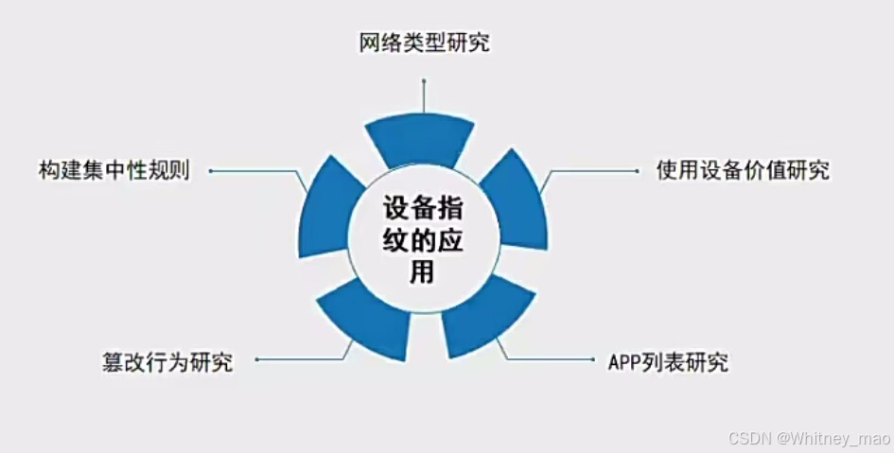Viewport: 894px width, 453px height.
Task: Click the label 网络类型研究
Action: [424, 43]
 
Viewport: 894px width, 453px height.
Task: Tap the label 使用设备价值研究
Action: [743, 171]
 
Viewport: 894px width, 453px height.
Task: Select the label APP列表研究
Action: [668, 362]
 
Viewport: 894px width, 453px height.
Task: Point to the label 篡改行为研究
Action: [167, 361]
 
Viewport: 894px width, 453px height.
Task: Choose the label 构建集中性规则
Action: [114, 171]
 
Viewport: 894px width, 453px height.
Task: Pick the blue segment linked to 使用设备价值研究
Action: [518, 200]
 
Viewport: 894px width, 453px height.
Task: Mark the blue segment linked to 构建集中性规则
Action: [324, 207]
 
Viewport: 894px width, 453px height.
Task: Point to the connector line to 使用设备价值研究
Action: [591, 171]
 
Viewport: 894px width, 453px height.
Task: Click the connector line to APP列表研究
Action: [549, 360]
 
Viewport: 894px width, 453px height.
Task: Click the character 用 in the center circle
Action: [422, 271]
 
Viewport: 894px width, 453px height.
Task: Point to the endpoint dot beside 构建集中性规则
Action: [210, 171]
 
